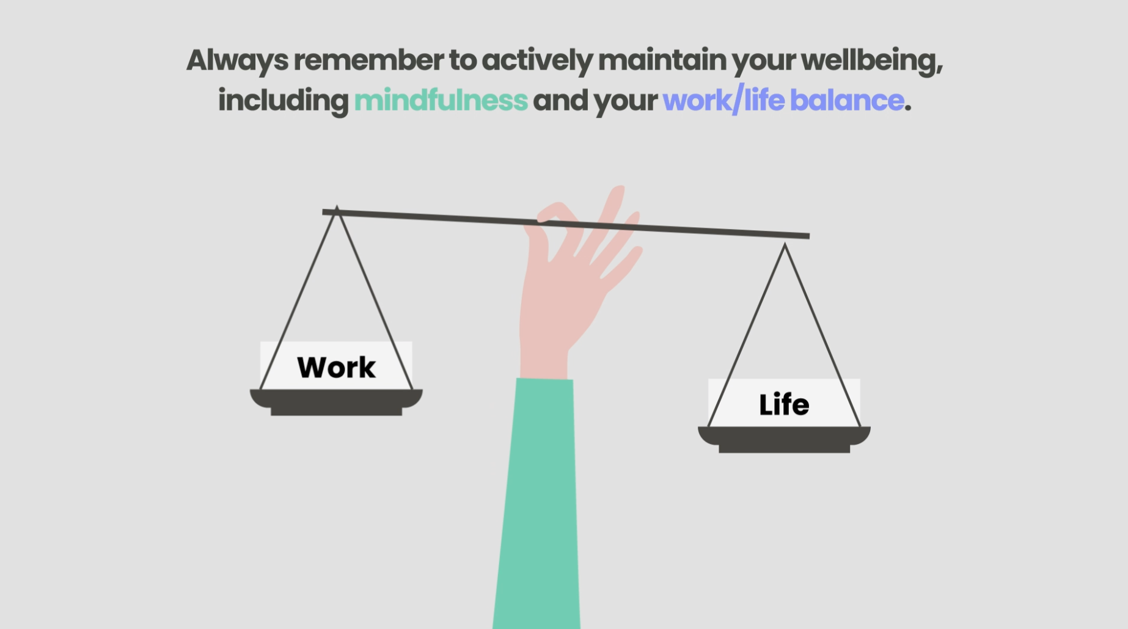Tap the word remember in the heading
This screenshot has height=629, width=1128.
pyautogui.click(x=368, y=60)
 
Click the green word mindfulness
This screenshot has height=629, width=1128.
pyautogui.click(x=441, y=100)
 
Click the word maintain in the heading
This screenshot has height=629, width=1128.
pyautogui.click(x=662, y=60)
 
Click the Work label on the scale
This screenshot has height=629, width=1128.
pyautogui.click(x=336, y=368)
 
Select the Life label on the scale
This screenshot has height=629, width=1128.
pyautogui.click(x=784, y=405)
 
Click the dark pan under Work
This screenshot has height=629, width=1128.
pyautogui.click(x=336, y=402)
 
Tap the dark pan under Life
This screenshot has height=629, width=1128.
pyautogui.click(x=784, y=439)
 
